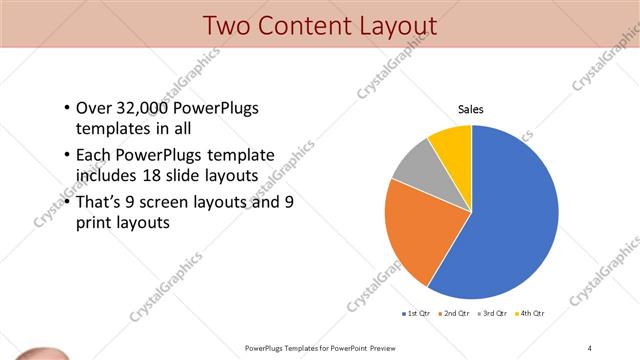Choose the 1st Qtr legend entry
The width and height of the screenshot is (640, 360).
[414, 314]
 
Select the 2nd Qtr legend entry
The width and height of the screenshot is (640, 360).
[454, 314]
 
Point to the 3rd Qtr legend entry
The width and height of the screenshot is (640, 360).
[493, 314]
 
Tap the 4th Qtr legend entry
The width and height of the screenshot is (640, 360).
[530, 314]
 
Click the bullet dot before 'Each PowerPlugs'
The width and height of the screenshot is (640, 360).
[66, 156]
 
